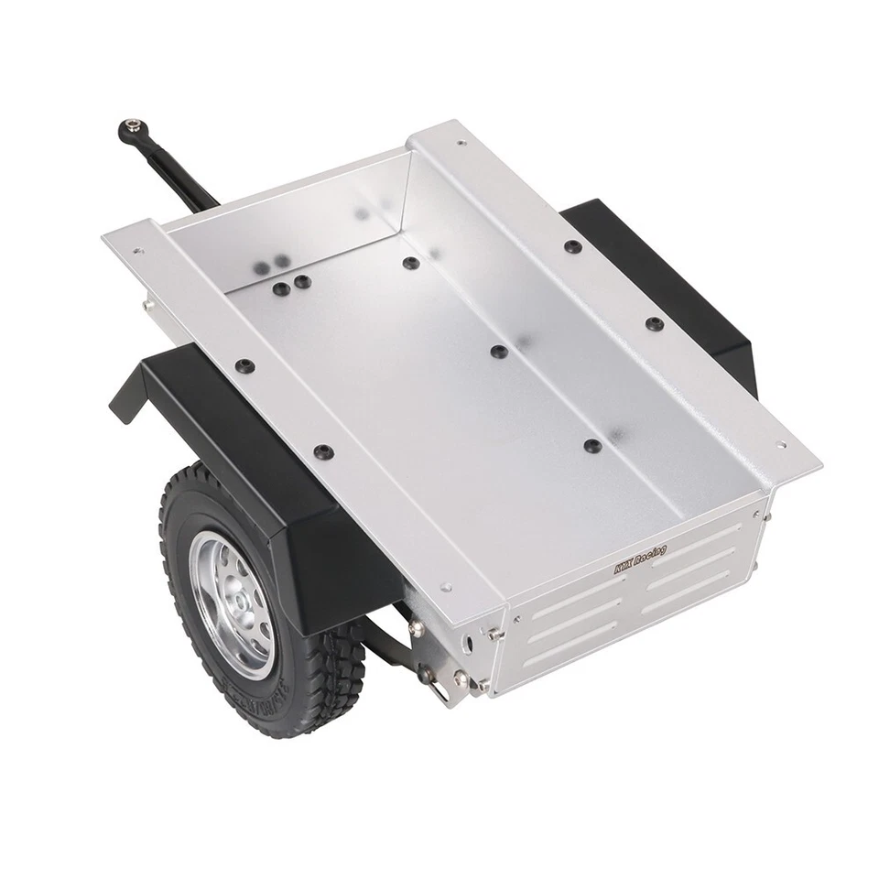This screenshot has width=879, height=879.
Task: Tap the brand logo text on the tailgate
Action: [x=640, y=559]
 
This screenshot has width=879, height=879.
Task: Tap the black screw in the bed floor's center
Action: [x=498, y=352]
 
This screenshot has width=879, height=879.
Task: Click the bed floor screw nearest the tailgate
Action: [x=592, y=446]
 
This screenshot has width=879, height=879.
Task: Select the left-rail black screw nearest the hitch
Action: [x=243, y=366]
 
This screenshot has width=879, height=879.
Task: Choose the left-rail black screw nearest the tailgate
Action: [x=323, y=451]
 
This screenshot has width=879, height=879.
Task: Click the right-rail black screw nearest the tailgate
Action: [x=654, y=323]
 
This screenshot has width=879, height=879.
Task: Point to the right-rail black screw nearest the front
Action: [x=572, y=246]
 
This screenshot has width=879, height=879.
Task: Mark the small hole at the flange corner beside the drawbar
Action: [x=137, y=250]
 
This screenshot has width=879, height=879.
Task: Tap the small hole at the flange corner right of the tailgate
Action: [x=781, y=446]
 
